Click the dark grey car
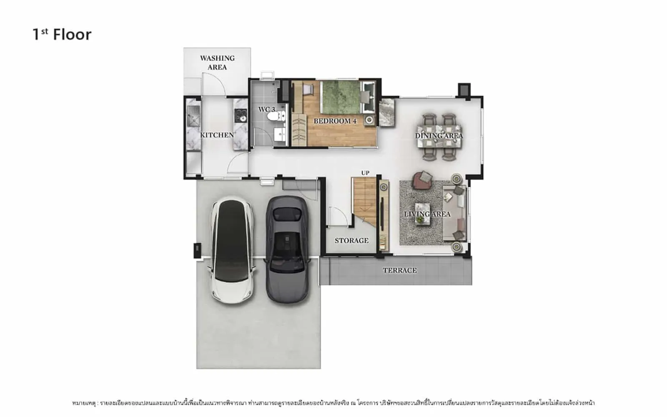pyautogui.click(x=287, y=250)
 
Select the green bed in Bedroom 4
pyautogui.click(x=341, y=97)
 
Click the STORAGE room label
pyautogui.click(x=351, y=240)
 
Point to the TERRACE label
pyautogui.click(x=400, y=270)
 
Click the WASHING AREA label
pyautogui.click(x=217, y=63)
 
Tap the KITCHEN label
pyautogui.click(x=217, y=135)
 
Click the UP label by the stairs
pyautogui.click(x=365, y=173)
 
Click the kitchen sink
pyautogui.click(x=193, y=116)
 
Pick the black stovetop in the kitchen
pyautogui.click(x=240, y=116)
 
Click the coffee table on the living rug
pyautogui.click(x=423, y=213)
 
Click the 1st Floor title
pyautogui.click(x=62, y=35)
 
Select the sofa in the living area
pyautogui.click(x=454, y=213)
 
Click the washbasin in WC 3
pyautogui.click(x=280, y=134)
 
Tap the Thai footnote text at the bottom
pyautogui.click(x=333, y=403)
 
